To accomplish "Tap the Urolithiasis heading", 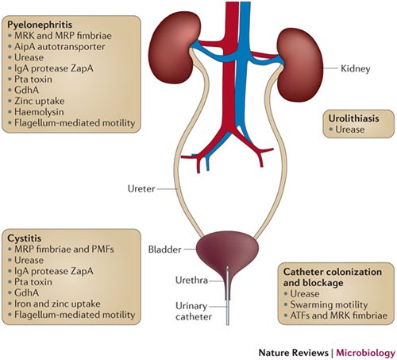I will [353, 118].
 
